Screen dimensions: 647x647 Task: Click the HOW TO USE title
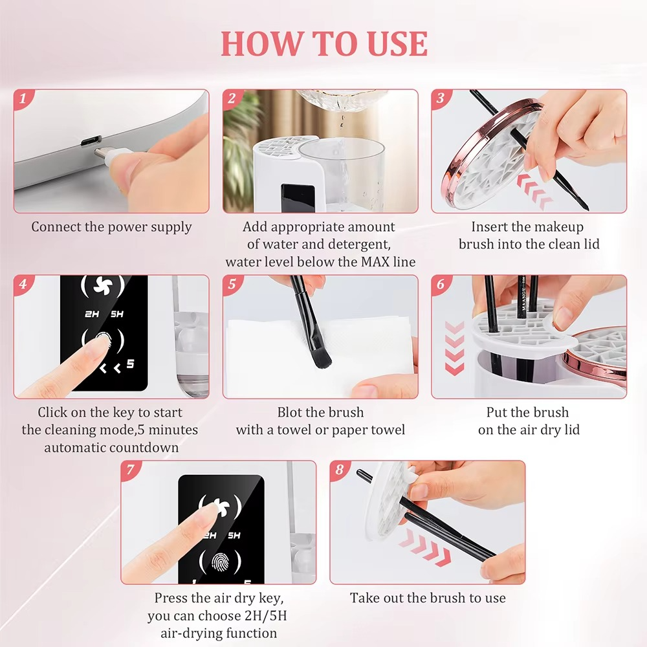click(324, 44)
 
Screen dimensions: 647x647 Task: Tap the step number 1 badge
click(23, 99)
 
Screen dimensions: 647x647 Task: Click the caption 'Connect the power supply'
click(111, 227)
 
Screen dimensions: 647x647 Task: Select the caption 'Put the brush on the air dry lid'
click(529, 421)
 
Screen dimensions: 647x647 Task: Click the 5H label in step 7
click(234, 536)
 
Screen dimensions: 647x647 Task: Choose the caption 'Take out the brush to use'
click(428, 598)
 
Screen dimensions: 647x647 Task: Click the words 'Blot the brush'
click(320, 413)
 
